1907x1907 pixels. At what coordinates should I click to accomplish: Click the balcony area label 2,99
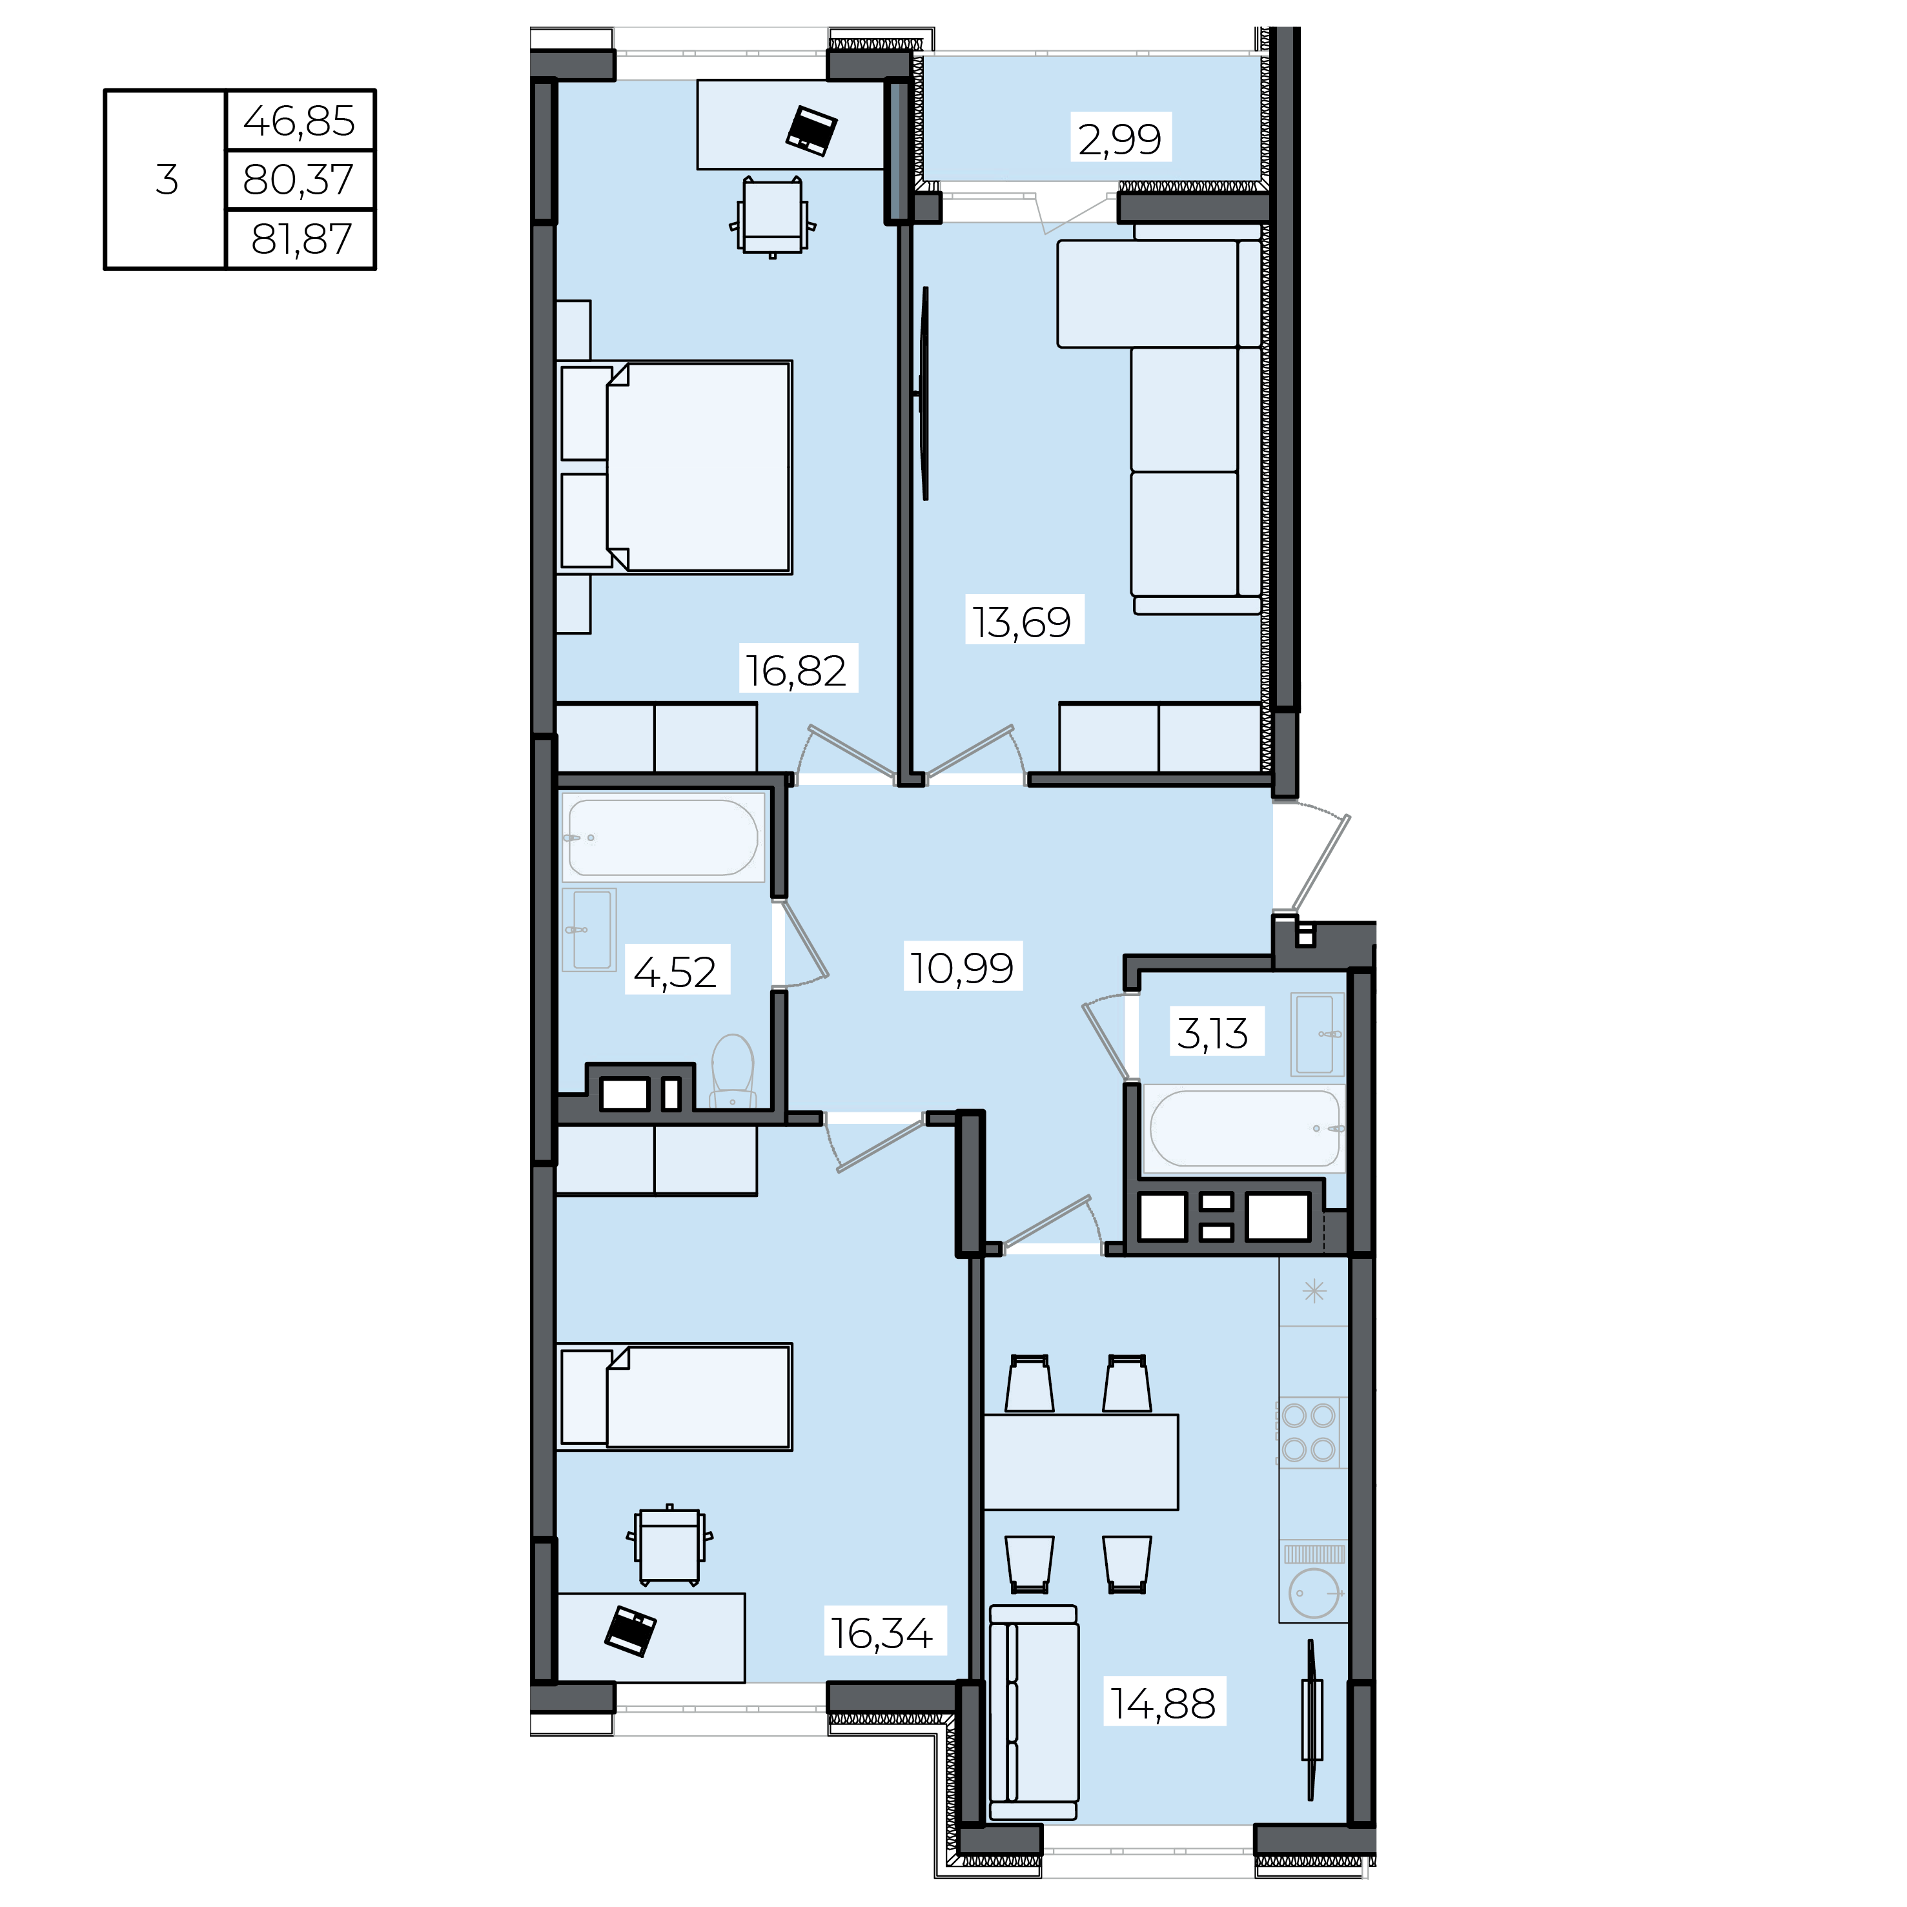(x=1119, y=138)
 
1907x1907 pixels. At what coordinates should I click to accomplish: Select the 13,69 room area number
(x=1021, y=622)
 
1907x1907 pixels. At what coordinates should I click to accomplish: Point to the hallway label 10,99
(x=961, y=967)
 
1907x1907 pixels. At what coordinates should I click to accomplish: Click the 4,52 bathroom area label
(x=675, y=972)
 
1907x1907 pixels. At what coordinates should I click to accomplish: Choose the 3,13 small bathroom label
(x=1213, y=1034)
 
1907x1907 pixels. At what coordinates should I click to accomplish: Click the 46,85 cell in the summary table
(x=299, y=121)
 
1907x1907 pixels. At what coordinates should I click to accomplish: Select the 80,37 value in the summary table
(x=298, y=179)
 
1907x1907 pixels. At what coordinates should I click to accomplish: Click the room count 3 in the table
(x=167, y=179)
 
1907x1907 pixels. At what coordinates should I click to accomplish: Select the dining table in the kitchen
(x=1081, y=1462)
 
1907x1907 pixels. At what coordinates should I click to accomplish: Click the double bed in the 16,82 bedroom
(x=675, y=467)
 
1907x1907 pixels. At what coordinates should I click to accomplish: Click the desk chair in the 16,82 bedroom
(x=772, y=217)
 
